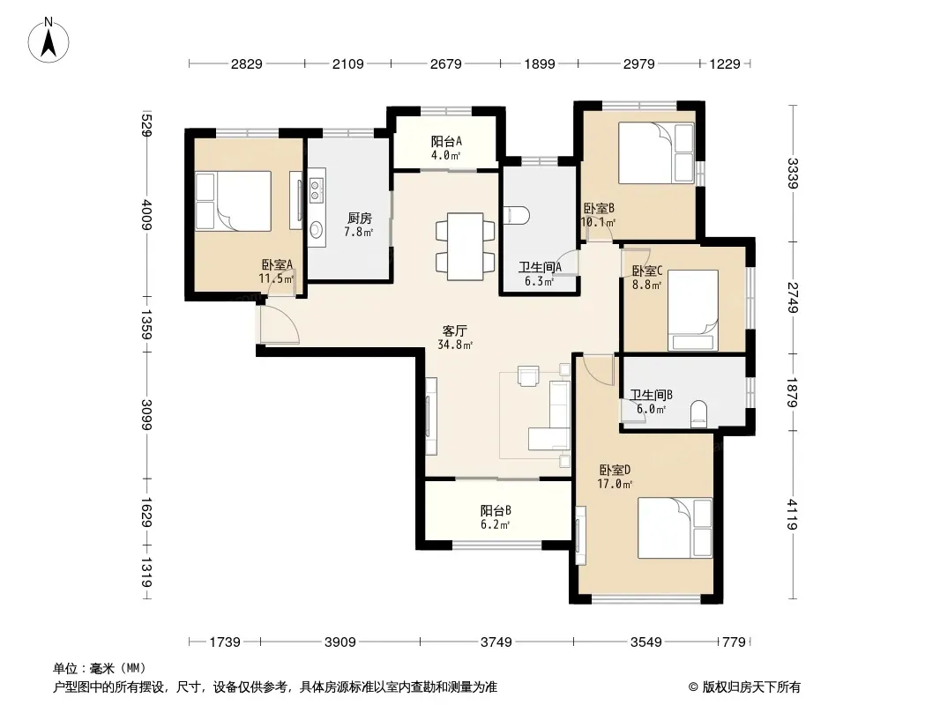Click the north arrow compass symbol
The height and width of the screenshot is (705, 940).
(x=48, y=41)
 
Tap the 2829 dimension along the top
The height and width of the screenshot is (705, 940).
(x=246, y=64)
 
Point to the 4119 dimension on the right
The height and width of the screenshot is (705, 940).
(x=792, y=514)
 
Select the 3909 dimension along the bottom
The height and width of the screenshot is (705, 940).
(x=339, y=642)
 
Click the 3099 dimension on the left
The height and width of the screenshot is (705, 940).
(x=146, y=414)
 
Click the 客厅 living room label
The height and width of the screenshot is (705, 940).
(x=455, y=330)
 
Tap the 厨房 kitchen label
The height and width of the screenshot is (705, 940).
(x=359, y=218)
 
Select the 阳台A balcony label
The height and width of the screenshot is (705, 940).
(x=446, y=141)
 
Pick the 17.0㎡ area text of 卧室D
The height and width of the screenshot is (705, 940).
(x=615, y=484)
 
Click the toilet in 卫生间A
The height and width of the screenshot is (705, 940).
(x=516, y=216)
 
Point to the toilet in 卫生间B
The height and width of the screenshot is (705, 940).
(x=699, y=414)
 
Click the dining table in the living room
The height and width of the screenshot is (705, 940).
(x=466, y=246)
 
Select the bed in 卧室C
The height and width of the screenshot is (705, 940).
(x=693, y=310)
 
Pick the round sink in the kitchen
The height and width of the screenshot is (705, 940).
(x=316, y=229)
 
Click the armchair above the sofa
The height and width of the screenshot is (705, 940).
(x=528, y=375)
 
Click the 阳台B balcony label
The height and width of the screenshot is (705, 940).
(x=496, y=510)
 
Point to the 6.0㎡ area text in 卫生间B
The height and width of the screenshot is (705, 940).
(x=651, y=410)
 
